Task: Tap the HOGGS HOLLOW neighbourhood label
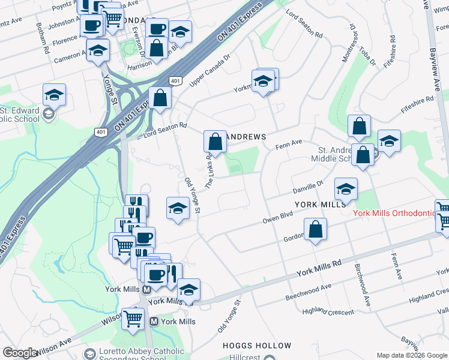click(256, 346)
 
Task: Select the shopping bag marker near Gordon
click(316, 229)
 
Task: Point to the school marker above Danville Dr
click(346, 189)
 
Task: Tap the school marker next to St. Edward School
click(54, 94)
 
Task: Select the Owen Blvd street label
click(277, 217)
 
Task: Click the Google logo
click(20, 353)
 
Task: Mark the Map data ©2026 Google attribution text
click(411, 355)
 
